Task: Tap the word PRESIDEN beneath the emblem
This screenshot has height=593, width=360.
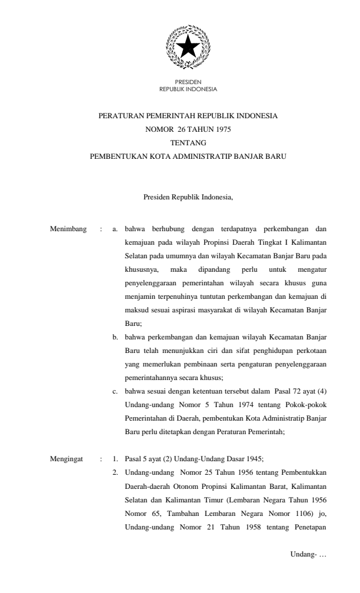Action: (x=188, y=82)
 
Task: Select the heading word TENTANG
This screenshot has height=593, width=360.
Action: (x=188, y=142)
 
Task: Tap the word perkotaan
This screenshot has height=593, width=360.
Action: (x=311, y=351)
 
